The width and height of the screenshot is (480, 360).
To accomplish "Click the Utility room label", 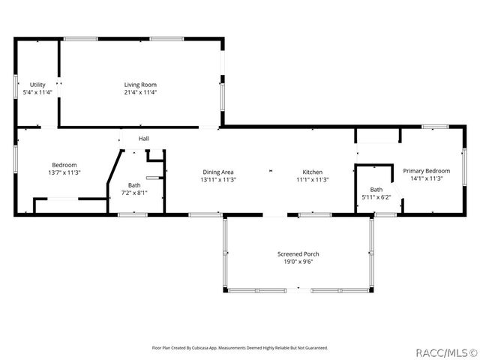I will tap(37, 85).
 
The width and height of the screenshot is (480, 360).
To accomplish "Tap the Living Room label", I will tap(140, 85).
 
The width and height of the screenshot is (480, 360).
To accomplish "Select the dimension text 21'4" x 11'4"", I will tap(140, 92).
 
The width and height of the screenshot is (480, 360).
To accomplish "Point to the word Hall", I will tap(143, 139).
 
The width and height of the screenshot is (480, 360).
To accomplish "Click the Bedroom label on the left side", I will tap(64, 165).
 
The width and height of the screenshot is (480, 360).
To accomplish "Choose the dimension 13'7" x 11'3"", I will tap(64, 172).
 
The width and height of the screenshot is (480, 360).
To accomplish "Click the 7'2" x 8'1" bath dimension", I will tap(134, 193).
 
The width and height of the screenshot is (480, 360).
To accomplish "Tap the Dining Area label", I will tap(217, 172).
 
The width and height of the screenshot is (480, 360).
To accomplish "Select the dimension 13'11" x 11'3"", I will tap(217, 179).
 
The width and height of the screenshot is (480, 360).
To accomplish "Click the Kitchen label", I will tap(312, 172).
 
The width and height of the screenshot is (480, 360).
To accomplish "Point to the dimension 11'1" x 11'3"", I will tap(312, 179).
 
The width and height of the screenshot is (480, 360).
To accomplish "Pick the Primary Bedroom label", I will tap(426, 171).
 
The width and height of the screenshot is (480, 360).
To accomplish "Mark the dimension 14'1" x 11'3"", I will tap(426, 178).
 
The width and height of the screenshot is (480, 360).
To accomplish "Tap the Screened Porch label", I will tap(298, 255).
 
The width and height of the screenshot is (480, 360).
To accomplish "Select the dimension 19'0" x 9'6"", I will tap(298, 262).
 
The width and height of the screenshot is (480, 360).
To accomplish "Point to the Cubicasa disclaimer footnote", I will tap(240, 347).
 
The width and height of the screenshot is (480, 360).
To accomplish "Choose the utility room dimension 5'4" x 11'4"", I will tap(37, 92).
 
